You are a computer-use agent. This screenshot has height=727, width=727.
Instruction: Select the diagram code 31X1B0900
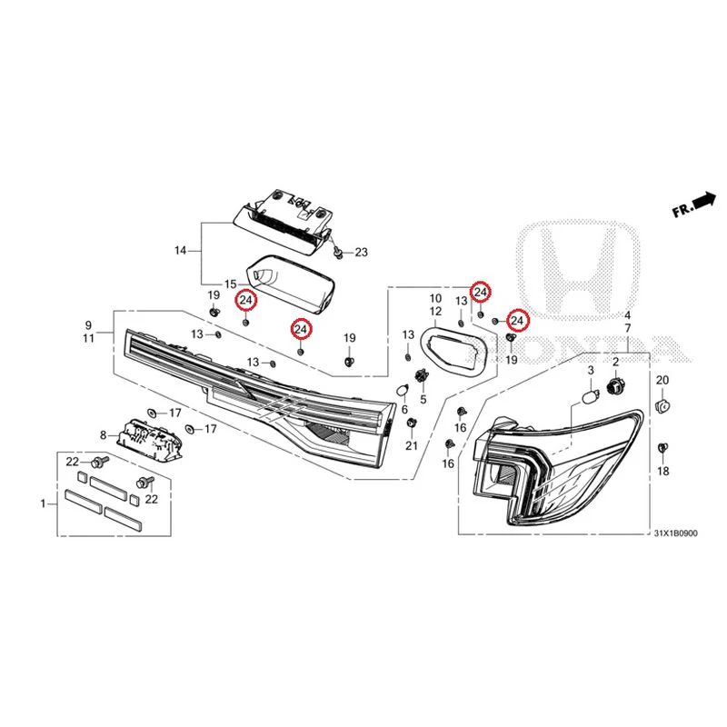(x=675, y=533)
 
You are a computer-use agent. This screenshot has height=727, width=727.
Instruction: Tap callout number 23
(x=361, y=253)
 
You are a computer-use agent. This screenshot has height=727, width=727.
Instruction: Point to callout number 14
(x=180, y=251)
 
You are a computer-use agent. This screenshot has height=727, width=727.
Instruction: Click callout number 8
(x=103, y=435)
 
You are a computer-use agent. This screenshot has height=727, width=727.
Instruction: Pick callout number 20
(x=662, y=380)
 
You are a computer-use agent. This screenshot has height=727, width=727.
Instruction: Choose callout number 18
(x=663, y=471)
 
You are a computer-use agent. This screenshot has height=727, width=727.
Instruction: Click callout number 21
(x=412, y=446)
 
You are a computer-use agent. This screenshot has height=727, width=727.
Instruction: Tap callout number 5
(x=423, y=399)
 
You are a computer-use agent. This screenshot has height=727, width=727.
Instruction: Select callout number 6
(x=404, y=410)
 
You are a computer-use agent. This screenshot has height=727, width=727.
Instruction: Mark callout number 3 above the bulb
(x=591, y=370)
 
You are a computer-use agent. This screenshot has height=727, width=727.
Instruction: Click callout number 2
(x=616, y=362)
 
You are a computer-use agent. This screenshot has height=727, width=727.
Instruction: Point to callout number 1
(x=44, y=503)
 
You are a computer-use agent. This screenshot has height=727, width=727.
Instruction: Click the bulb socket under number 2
(x=615, y=384)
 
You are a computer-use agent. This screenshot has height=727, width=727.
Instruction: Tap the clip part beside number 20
(x=662, y=406)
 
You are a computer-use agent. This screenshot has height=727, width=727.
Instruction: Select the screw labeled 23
(x=338, y=253)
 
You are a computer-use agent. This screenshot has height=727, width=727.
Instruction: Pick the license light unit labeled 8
(x=148, y=439)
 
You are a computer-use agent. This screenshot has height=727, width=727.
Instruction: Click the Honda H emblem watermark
(x=578, y=271)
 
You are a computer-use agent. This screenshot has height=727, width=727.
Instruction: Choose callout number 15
(x=231, y=284)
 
